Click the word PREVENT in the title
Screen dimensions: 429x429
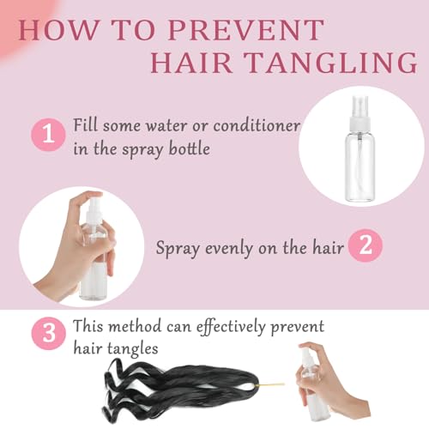coord(246,30)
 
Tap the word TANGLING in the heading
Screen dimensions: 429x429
coord(331,63)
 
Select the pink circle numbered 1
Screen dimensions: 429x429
coord(48,135)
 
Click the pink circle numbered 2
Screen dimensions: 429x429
coord(366,245)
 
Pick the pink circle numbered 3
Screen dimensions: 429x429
coord(48,334)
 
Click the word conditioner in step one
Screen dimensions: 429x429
coord(257,126)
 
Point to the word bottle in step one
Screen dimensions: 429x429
coord(190,148)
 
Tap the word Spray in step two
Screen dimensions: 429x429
coord(178,249)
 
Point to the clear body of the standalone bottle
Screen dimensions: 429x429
coord(360,167)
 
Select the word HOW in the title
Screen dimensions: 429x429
coord(58,30)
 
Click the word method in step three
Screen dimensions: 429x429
coord(136,326)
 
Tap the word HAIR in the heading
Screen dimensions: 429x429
coord(191,63)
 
